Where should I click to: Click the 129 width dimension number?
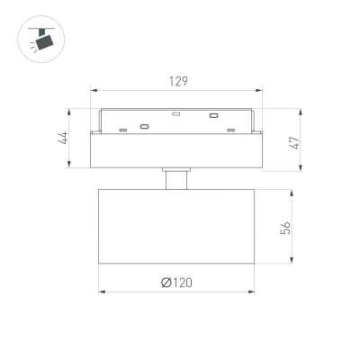click(x=178, y=81)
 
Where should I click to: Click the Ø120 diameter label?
click(x=176, y=283)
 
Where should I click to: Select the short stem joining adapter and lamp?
click(x=177, y=178)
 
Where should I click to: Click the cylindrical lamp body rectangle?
click(x=177, y=227)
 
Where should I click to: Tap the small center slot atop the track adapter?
click(x=177, y=114)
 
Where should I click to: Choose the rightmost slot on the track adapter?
click(x=231, y=130)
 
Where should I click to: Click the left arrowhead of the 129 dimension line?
click(x=94, y=90)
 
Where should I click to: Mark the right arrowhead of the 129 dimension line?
click(x=260, y=90)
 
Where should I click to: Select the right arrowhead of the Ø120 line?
click(x=255, y=292)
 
